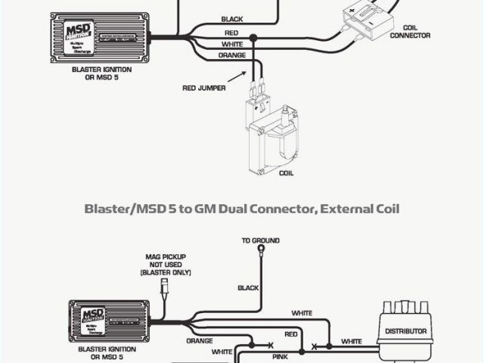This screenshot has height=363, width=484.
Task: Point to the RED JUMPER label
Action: pyautogui.click(x=203, y=88)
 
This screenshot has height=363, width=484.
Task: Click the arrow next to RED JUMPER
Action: pyautogui.click(x=240, y=75)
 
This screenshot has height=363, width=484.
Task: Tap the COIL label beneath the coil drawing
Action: pyautogui.click(x=286, y=173)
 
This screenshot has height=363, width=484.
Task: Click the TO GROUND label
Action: pyautogui.click(x=261, y=240)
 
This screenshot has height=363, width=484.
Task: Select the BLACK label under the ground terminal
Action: pyautogui.click(x=248, y=288)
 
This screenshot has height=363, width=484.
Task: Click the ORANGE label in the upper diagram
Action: pyautogui.click(x=231, y=55)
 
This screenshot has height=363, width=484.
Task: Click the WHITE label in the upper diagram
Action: pyautogui.click(x=231, y=45)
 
